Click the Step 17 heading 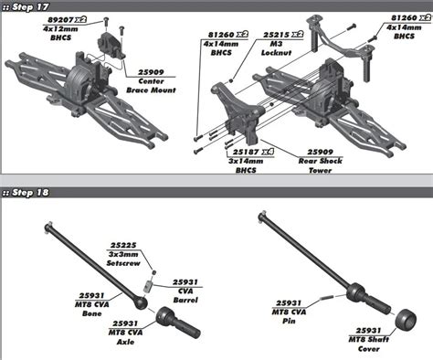[x=26, y=7]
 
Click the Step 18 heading [x=26, y=193]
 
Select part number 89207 [x=60, y=20]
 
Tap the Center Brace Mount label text [x=151, y=86]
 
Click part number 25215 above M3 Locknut [x=276, y=35]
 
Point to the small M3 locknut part [x=231, y=80]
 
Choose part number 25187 [x=246, y=152]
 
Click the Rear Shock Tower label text [x=321, y=165]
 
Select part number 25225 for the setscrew [x=123, y=245]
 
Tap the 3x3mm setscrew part [x=154, y=272]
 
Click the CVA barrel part [x=148, y=287]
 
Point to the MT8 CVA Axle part [x=178, y=323]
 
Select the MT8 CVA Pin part [x=328, y=298]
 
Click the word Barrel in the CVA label [x=185, y=300]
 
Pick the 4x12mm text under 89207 [x=60, y=29]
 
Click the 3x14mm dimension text [x=246, y=161]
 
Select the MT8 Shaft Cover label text [x=369, y=344]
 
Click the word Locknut [x=276, y=52]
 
